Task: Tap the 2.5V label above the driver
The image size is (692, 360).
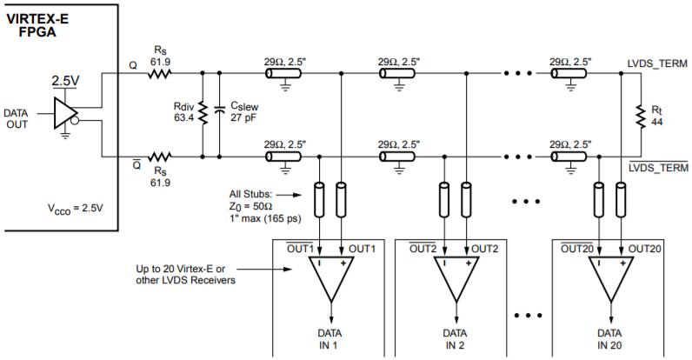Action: click(x=65, y=81)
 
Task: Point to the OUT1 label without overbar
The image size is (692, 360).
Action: click(x=360, y=248)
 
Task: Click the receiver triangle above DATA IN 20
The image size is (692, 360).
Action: click(x=608, y=283)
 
